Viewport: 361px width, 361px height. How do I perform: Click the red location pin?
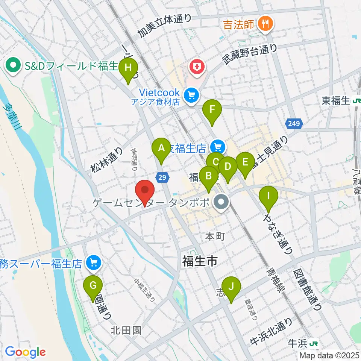tap(144, 191)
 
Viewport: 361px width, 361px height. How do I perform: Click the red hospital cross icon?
tap(196, 68)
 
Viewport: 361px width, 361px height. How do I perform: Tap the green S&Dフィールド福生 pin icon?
tap(14, 67)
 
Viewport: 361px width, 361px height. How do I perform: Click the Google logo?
tap(25, 352)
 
